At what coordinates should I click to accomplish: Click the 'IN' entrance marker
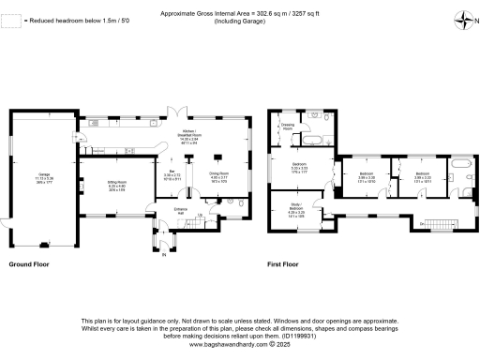coord(162,254)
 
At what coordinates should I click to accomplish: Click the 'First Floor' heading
coord(282,264)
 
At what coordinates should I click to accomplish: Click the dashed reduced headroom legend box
coord(12,20)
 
